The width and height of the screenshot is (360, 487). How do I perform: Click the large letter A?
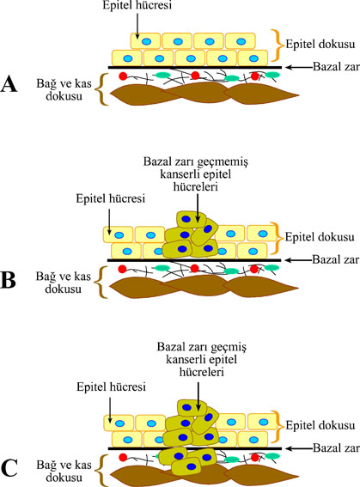[9, 85]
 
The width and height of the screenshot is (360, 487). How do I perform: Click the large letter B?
[9, 281]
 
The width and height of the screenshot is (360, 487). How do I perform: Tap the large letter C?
[9, 469]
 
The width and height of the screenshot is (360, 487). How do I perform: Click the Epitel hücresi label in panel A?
[137, 6]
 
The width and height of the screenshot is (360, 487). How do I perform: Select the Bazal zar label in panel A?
[336, 67]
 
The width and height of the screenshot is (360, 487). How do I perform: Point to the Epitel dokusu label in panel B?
[320, 237]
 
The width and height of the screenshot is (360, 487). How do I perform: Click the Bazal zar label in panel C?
[336, 448]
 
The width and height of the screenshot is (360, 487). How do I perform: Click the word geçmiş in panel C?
[229, 348]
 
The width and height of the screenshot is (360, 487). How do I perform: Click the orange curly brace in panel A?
[278, 45]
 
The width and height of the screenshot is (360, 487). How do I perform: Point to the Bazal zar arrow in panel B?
[298, 260]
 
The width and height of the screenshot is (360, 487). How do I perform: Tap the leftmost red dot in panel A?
[124, 76]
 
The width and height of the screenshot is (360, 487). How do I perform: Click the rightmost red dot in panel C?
[255, 457]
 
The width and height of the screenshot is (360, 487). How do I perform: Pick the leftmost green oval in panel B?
[162, 267]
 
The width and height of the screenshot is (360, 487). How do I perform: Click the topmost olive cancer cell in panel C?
[192, 408]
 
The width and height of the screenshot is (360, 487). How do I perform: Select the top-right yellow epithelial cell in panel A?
[241, 41]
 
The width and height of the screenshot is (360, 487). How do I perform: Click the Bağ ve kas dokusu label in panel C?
[64, 471]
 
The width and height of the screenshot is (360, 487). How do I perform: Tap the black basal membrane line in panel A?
[195, 67]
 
